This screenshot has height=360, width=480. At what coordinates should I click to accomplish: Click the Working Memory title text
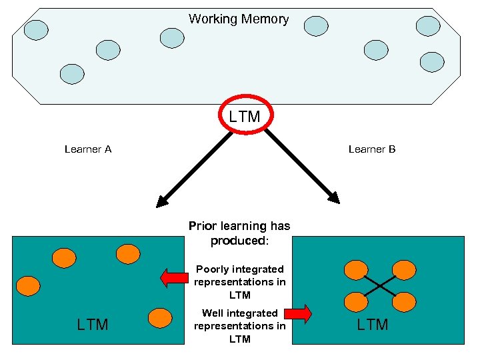point(239,19)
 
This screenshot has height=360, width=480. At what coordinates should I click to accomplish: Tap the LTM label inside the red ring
point(245,117)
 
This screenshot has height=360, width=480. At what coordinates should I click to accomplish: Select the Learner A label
point(88,149)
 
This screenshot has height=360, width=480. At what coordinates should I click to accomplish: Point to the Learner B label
point(372,149)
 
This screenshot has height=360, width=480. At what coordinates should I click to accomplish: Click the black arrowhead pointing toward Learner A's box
point(162,201)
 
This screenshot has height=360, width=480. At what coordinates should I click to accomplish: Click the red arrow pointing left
point(175,278)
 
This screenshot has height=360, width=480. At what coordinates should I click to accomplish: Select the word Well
point(213,313)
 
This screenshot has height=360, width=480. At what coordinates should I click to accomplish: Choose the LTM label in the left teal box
point(93,325)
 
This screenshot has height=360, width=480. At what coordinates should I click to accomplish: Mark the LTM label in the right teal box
point(373,325)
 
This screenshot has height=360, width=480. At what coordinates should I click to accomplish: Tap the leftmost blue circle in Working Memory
point(36,29)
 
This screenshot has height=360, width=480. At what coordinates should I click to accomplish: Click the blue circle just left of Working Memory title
point(172,37)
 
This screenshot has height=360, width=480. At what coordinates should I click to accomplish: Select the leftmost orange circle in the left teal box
point(28,286)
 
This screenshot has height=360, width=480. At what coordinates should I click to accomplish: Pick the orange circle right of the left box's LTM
point(160,318)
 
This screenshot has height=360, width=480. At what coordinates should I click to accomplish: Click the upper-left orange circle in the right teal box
point(355,270)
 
